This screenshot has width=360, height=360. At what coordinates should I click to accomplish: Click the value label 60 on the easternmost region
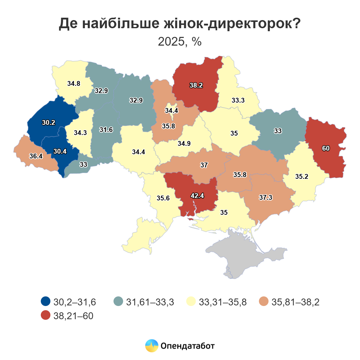pos(326,148)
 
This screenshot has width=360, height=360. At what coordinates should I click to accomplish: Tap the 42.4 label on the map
pos(197,196)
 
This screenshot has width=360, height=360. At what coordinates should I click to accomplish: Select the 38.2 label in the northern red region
pos(196,85)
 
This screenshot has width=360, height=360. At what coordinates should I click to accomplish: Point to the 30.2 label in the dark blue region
pos(49,122)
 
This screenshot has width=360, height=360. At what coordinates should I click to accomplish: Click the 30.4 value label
pos(60,151)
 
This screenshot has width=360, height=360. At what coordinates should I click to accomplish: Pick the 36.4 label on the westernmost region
pos(36,156)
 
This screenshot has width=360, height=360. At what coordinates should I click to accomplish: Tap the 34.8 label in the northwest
pos(73,84)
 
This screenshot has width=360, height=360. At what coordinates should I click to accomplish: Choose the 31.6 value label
pos(106,130)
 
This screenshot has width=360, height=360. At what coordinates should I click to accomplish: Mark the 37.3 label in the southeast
pos(265,197)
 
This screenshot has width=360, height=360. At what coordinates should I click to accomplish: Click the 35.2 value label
pos(301,176)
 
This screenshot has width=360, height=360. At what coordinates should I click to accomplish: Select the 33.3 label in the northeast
pos(238,100)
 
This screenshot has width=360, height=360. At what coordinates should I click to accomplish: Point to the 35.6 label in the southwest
pos(163,198)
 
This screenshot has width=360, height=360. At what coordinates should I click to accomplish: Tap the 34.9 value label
pos(184,144)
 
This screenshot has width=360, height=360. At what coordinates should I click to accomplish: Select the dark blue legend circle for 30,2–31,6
pos(46,301)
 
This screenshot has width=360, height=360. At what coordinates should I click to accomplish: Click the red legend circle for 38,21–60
pos(46,316)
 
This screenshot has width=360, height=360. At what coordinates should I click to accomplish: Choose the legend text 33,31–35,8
pos(223,302)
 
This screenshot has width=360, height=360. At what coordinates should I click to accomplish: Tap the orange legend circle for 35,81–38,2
pos(264,301)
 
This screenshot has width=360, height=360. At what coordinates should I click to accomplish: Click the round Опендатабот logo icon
pos(151,346)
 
